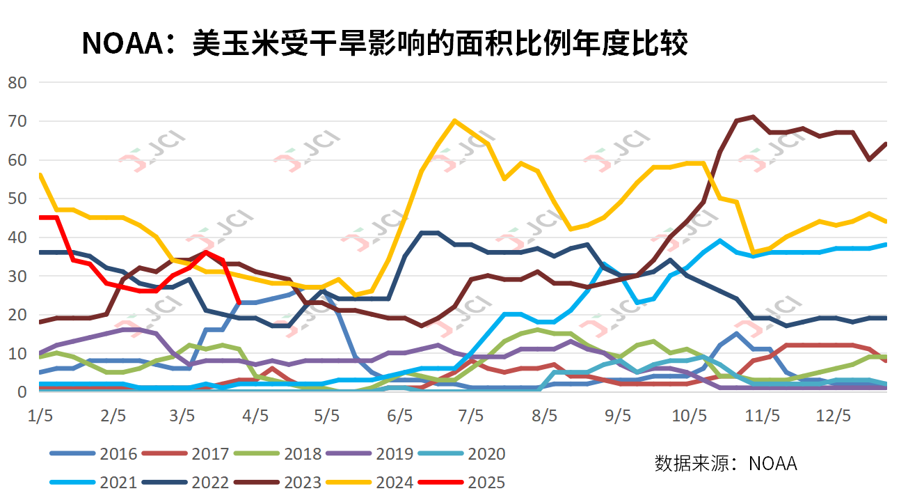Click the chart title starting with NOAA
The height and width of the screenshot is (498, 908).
click(x=385, y=43)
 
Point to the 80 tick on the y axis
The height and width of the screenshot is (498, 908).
click(x=17, y=83)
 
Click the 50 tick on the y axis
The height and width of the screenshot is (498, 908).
click(x=17, y=199)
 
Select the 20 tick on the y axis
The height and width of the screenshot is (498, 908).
click(x=17, y=315)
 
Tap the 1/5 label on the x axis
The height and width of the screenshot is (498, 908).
click(x=40, y=416)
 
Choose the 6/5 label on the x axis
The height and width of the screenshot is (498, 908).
click(x=400, y=416)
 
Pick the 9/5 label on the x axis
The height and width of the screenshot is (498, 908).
click(x=616, y=416)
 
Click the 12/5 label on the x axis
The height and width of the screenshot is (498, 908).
click(x=833, y=416)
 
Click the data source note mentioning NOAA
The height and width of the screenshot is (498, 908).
click(x=725, y=463)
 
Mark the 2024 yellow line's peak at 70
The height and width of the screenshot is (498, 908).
click(x=454, y=120)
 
